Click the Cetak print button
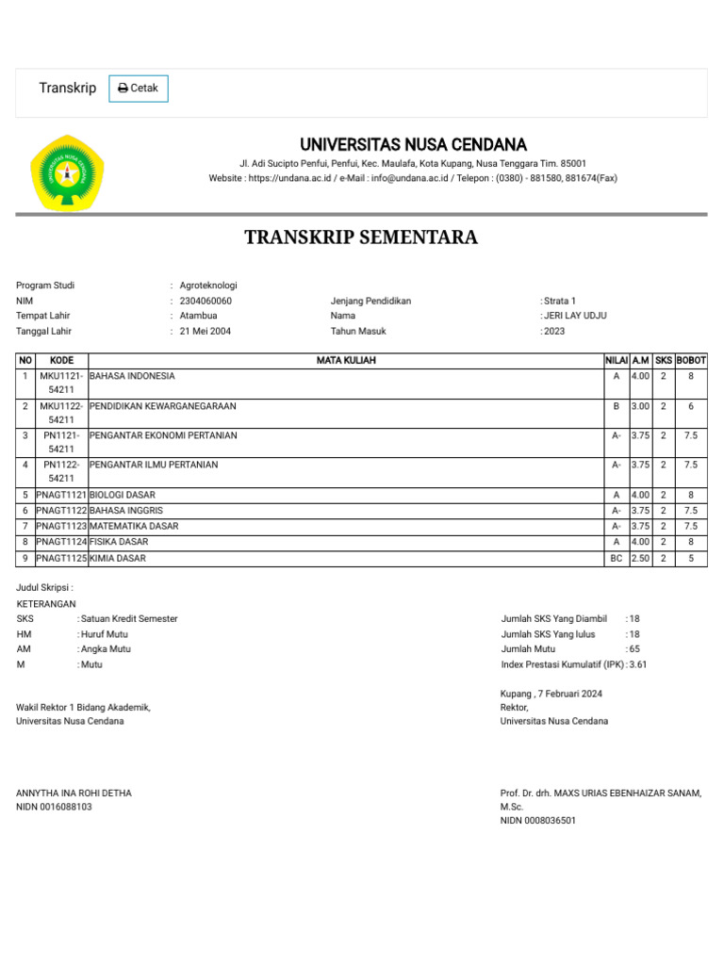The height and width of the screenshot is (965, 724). (x=139, y=89)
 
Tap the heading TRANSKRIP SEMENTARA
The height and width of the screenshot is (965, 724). (x=361, y=237)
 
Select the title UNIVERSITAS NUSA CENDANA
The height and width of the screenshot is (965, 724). (x=413, y=145)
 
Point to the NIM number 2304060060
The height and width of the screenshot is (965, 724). (x=206, y=301)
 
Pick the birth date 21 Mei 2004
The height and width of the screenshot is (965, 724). (x=206, y=331)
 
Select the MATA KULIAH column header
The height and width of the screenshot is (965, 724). (x=345, y=360)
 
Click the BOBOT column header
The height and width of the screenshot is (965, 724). (x=691, y=360)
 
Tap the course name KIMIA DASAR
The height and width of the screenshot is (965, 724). (x=117, y=558)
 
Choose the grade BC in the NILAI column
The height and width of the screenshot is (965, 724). (x=616, y=558)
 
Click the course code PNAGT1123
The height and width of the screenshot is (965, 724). (x=61, y=526)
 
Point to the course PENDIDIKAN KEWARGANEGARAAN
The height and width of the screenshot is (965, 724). (x=162, y=406)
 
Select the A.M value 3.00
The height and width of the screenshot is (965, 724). (x=641, y=406)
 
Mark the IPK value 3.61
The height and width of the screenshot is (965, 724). (x=638, y=664)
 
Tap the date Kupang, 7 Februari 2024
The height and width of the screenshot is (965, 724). (x=551, y=694)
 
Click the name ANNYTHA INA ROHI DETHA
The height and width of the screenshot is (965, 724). (x=74, y=793)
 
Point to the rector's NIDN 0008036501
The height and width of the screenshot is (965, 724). (x=537, y=821)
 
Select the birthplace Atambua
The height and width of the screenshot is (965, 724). (x=198, y=316)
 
